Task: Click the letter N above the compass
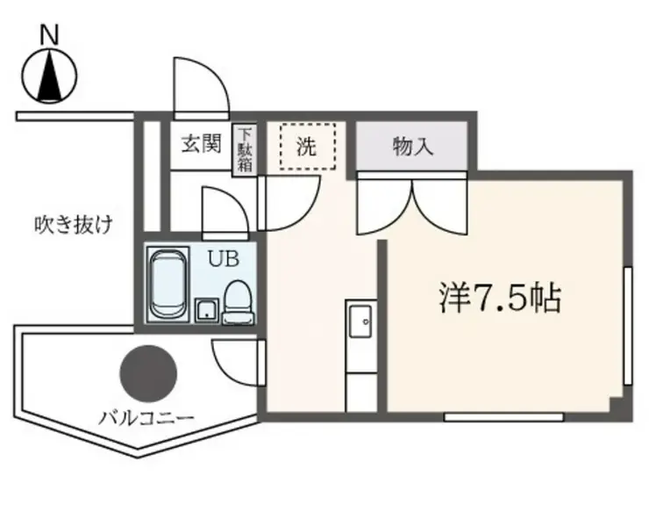(x=50, y=35)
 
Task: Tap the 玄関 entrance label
(x=201, y=145)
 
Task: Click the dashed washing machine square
(x=309, y=146)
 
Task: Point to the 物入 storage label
(x=412, y=146)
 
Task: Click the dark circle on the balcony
(x=147, y=372)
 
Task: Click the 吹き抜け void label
(x=74, y=225)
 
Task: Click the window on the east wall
(x=628, y=325)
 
